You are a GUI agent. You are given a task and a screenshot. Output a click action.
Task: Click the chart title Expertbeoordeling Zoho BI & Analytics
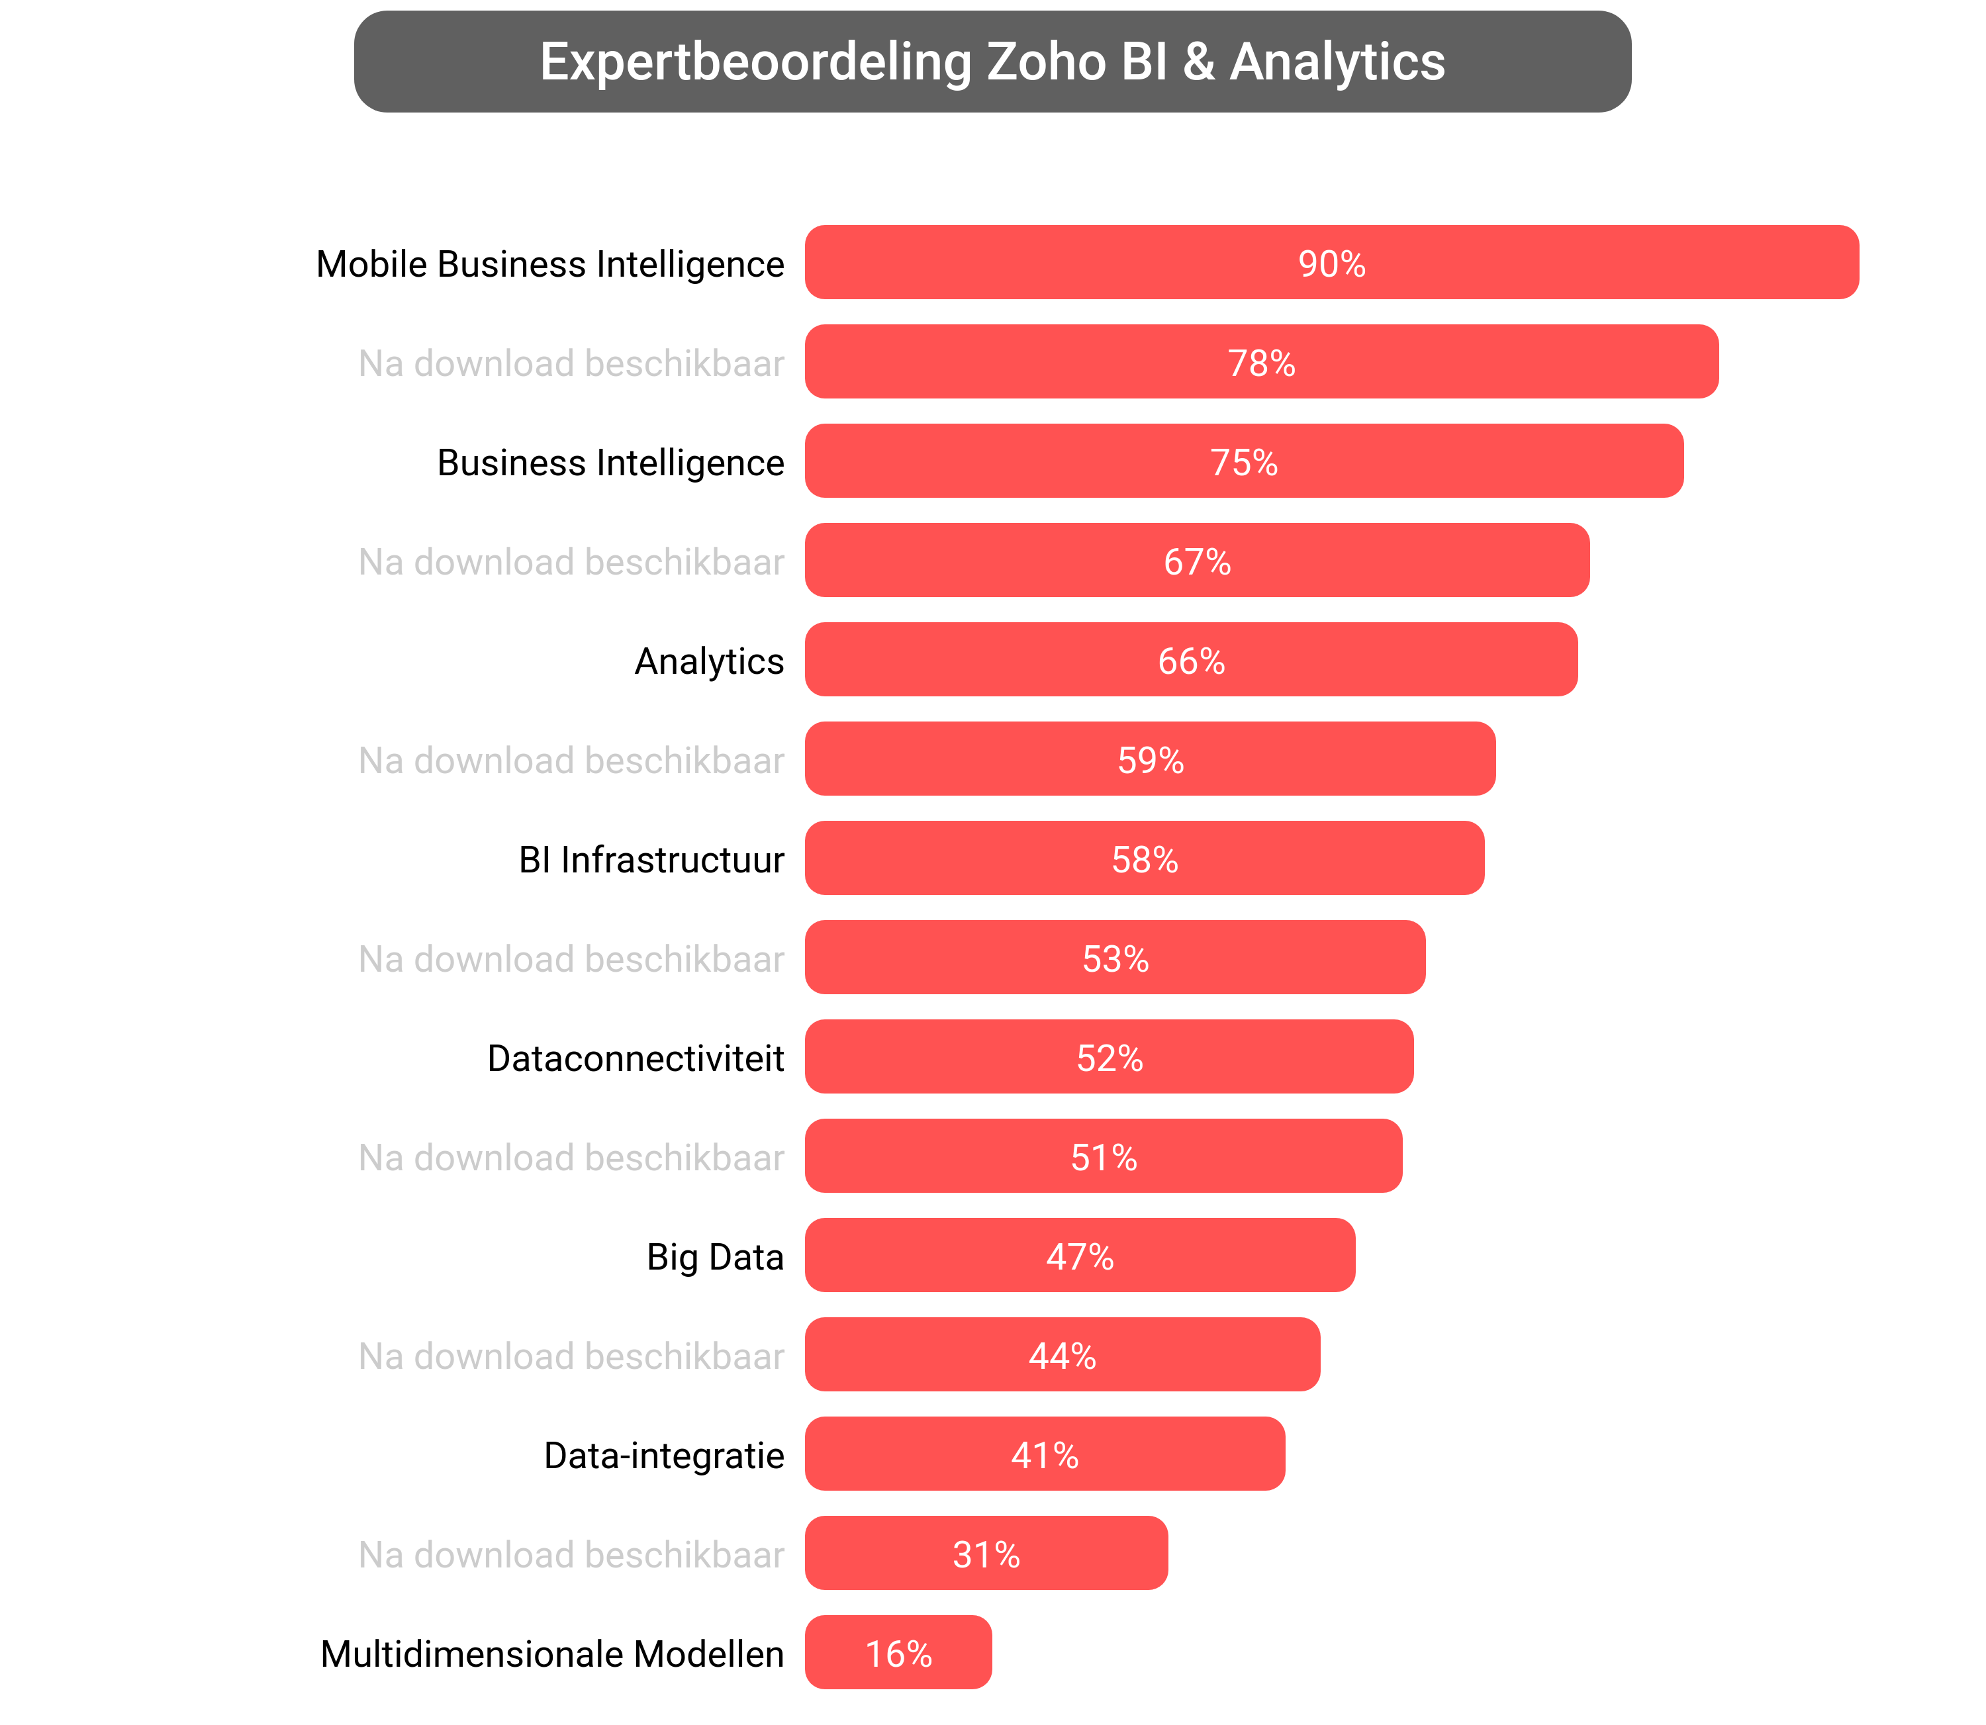(992, 62)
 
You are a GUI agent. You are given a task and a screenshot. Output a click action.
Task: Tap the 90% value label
(1331, 263)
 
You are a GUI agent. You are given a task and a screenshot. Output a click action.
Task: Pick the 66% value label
(1191, 661)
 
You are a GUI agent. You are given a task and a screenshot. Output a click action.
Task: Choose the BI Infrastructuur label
(651, 860)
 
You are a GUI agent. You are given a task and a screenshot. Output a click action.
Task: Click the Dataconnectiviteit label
(636, 1058)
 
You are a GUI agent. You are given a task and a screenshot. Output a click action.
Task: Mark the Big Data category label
(714, 1257)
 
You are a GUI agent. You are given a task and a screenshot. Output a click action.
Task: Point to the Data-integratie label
(663, 1456)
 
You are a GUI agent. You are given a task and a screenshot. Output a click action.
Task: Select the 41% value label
(1045, 1456)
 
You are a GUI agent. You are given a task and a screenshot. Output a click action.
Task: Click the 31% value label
(986, 1555)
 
